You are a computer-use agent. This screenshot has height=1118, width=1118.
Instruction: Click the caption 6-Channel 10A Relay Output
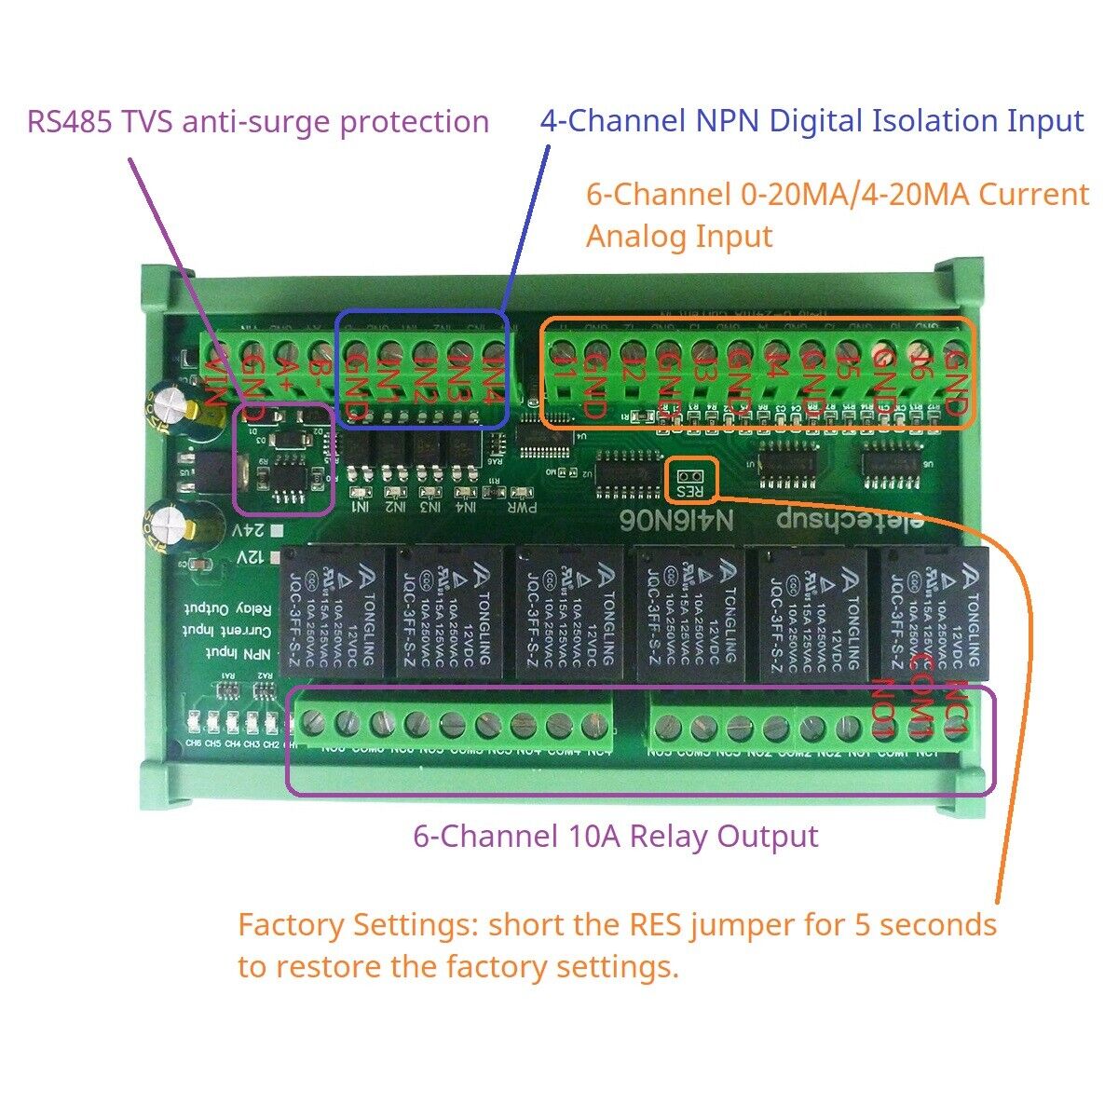[616, 836]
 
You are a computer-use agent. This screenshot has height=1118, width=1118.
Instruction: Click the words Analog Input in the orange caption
[679, 237]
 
